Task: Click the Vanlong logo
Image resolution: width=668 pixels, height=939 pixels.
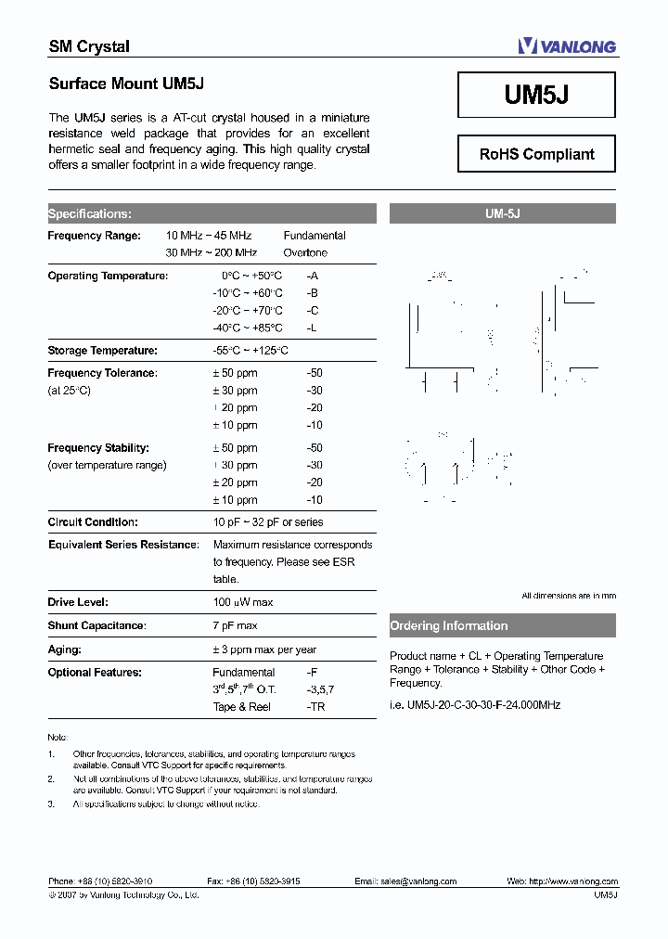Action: (x=566, y=45)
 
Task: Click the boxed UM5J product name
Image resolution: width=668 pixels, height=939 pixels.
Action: (x=536, y=96)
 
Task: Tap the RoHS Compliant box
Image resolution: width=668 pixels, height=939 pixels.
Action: (x=536, y=154)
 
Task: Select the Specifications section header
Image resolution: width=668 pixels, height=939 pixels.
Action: (x=90, y=213)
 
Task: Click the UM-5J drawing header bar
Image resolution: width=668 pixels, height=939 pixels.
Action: (x=502, y=213)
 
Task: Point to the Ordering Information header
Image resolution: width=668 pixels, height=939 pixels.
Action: (x=449, y=626)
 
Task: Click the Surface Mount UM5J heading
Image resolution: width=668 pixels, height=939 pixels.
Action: (x=126, y=84)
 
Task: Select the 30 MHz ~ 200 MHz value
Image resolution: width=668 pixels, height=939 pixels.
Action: (x=211, y=252)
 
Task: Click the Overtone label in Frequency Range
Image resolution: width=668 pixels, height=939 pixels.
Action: (x=305, y=252)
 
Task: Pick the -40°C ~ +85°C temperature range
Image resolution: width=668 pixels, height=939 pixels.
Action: (x=248, y=328)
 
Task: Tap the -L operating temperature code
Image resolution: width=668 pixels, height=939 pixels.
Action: (x=312, y=328)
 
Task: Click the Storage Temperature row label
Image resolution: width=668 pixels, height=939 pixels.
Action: (x=102, y=351)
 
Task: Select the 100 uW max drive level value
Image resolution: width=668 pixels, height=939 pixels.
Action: (x=243, y=602)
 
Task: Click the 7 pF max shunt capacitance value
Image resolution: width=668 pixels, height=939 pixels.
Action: (x=235, y=626)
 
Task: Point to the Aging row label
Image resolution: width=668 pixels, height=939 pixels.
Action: (x=65, y=650)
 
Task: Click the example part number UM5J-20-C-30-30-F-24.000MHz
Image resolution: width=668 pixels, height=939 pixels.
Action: (x=475, y=704)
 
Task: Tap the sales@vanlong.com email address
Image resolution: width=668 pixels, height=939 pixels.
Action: (x=418, y=881)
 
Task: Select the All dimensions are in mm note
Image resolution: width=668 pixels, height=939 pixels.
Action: (x=568, y=596)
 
